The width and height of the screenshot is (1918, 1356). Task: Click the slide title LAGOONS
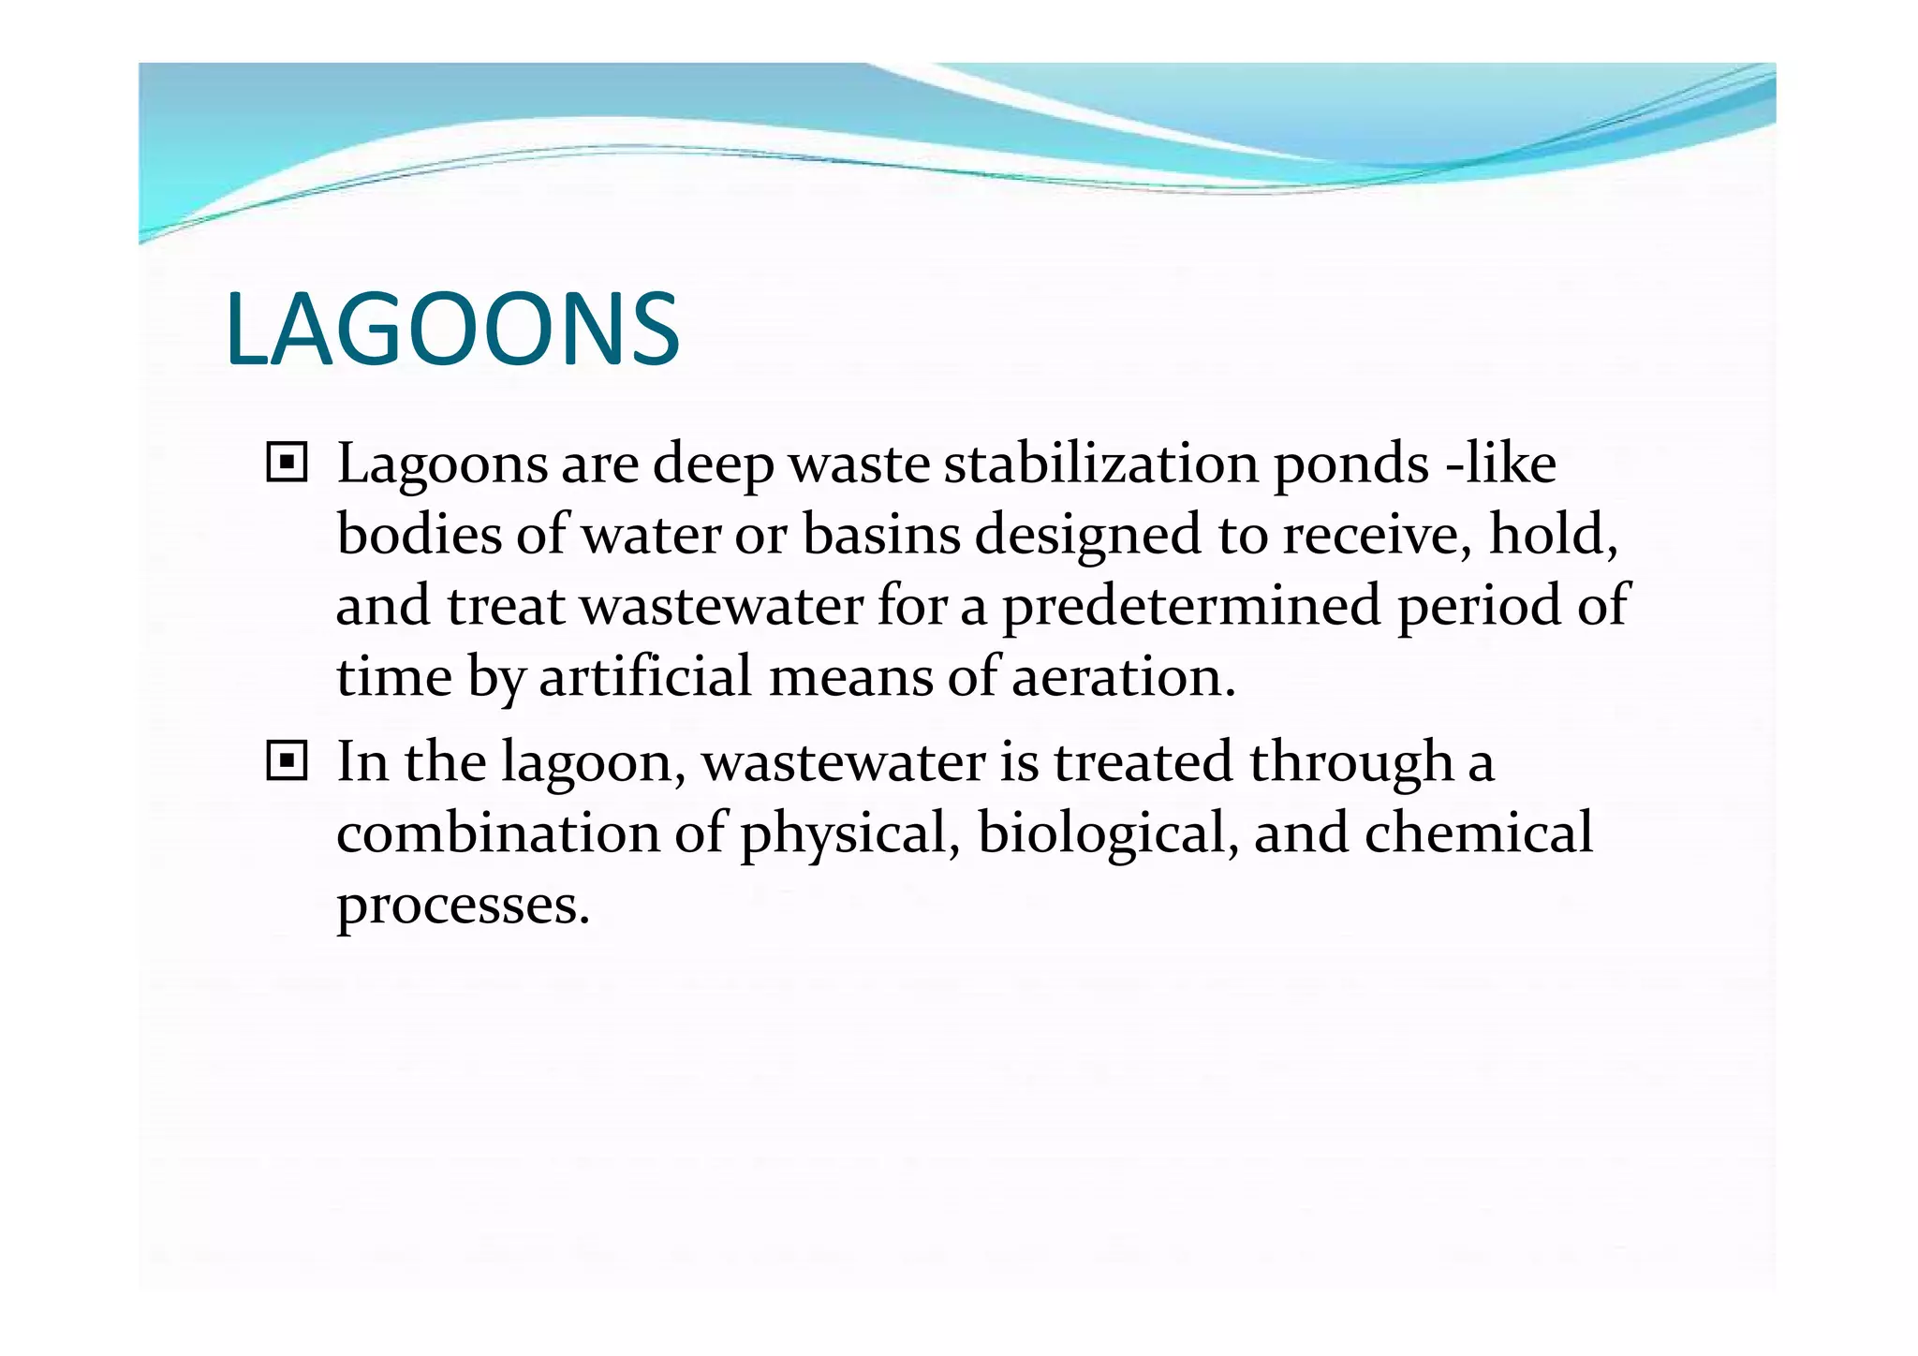tap(452, 331)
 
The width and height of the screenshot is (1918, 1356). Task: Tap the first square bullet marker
tap(287, 463)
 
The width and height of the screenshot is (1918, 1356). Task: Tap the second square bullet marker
tap(287, 761)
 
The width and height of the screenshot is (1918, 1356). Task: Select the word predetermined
tap(1191, 605)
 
